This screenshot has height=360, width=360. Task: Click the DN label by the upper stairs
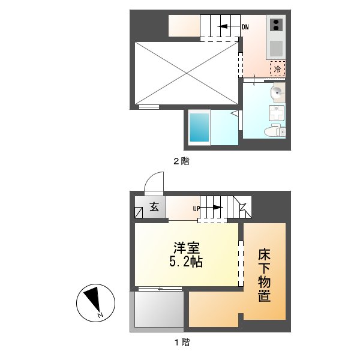245,27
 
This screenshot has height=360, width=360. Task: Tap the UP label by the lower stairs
196,209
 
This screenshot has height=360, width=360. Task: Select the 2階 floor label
182,161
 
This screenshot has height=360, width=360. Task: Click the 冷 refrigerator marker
277,70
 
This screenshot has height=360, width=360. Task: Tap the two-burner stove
277,25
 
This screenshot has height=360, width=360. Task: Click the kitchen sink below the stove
277,48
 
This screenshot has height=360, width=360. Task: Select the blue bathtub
199,127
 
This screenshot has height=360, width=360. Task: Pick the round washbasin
278,92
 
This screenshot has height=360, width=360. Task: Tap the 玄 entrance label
154,208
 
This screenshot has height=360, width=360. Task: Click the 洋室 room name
185,247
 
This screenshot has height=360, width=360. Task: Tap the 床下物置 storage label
264,274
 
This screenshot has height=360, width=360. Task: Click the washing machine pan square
277,113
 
